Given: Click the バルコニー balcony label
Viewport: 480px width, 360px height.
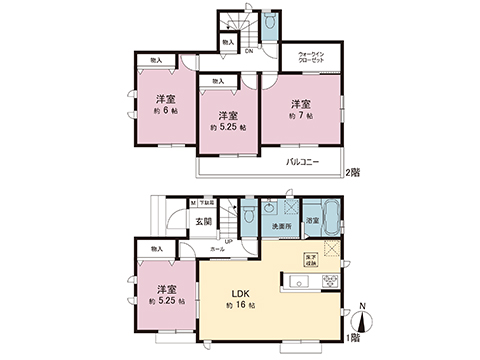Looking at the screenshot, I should click(x=302, y=161).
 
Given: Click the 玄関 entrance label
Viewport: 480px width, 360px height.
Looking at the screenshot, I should click(x=204, y=221).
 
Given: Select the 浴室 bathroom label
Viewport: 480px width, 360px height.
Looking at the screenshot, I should click(x=312, y=220).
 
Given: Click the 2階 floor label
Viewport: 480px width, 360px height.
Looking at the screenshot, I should click(x=353, y=173).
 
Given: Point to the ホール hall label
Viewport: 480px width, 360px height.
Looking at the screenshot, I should click(x=216, y=247).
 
